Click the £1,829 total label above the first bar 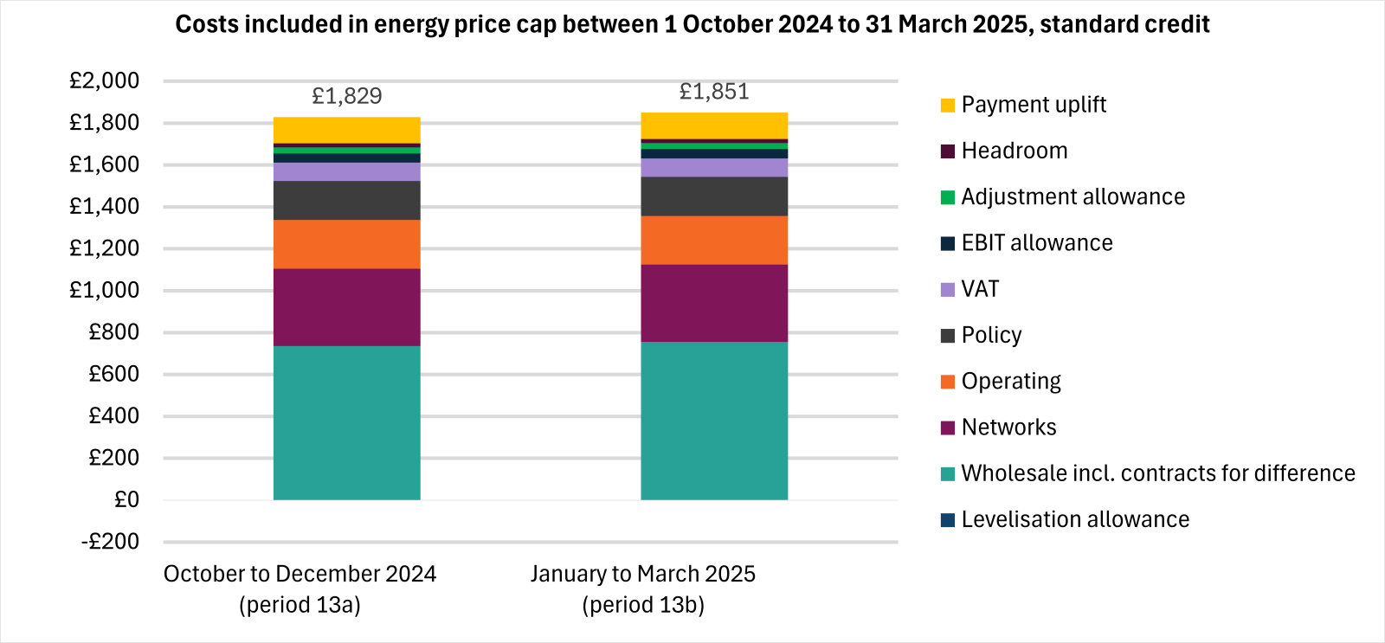[x=346, y=96]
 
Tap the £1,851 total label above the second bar [x=713, y=92]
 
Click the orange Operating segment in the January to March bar [x=713, y=240]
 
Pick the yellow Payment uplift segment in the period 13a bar [x=346, y=130]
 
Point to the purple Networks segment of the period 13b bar [x=713, y=303]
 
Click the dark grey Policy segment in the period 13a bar [x=346, y=200]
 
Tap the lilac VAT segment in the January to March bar [x=713, y=167]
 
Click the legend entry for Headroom [x=1014, y=151]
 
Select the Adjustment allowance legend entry [x=1072, y=196]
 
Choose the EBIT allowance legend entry [x=1036, y=243]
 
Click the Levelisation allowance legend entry [x=1074, y=519]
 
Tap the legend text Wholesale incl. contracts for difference [x=1157, y=473]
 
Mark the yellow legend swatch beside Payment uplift [x=948, y=105]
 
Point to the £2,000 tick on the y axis [x=104, y=80]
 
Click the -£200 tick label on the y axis [x=110, y=542]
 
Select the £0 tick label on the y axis [x=126, y=499]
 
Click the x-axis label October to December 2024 [x=300, y=574]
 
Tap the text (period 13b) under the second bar [x=643, y=604]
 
